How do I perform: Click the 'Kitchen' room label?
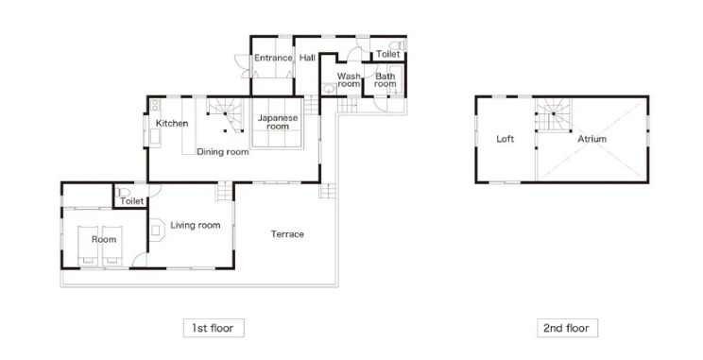pyautogui.click(x=172, y=123)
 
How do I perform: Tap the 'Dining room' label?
pyautogui.click(x=223, y=152)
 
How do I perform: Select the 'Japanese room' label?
pyautogui.click(x=278, y=123)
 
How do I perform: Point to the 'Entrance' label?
pyautogui.click(x=273, y=58)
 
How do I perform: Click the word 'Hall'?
pyautogui.click(x=307, y=58)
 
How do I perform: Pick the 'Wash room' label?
pyautogui.click(x=349, y=80)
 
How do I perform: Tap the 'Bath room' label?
pyautogui.click(x=386, y=80)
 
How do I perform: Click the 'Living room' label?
pyautogui.click(x=195, y=225)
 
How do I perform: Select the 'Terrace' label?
pyautogui.click(x=287, y=234)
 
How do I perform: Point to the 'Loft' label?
pyautogui.click(x=505, y=139)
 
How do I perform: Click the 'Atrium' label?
pyautogui.click(x=592, y=139)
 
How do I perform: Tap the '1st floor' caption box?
pyautogui.click(x=214, y=328)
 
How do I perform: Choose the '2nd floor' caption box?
pyautogui.click(x=568, y=328)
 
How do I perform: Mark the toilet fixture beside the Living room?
pyautogui.click(x=123, y=192)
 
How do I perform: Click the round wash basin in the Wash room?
pyautogui.click(x=329, y=89)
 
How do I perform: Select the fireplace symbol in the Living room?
pyautogui.click(x=155, y=230)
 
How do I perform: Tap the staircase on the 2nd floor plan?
pyautogui.click(x=553, y=115)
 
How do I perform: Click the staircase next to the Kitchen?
pyautogui.click(x=225, y=115)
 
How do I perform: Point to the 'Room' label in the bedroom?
pyautogui.click(x=104, y=239)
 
